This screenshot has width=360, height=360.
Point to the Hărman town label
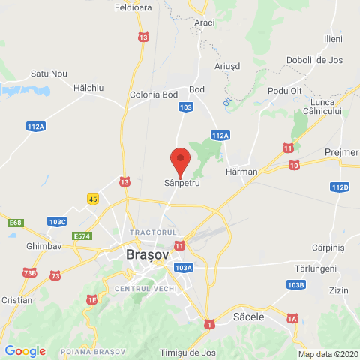241,172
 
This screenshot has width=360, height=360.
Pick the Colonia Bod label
153,94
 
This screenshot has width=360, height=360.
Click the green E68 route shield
16,222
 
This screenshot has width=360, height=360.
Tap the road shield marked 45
93,199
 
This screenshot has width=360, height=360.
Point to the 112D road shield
340,187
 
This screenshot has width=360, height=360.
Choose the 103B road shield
296,285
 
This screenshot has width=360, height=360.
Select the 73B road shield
29,272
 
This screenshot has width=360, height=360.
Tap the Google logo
25,350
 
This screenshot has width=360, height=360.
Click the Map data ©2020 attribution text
328,354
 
